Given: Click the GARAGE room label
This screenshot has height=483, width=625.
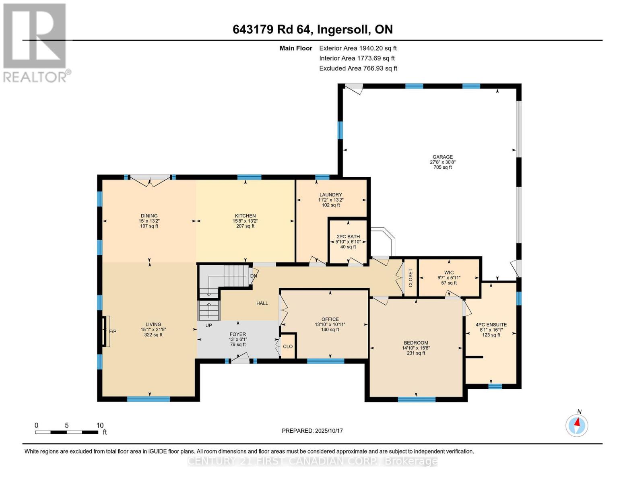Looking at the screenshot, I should pyautogui.click(x=442, y=157).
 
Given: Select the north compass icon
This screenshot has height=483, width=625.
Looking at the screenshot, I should pyautogui.click(x=577, y=425).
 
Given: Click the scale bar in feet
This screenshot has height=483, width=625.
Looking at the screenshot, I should pyautogui.click(x=67, y=432).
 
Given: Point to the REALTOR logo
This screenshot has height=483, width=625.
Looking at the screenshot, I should pyautogui.click(x=35, y=42).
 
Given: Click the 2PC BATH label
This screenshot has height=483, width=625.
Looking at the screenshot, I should pyautogui.click(x=348, y=237).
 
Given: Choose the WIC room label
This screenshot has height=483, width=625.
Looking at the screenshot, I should pyautogui.click(x=449, y=272).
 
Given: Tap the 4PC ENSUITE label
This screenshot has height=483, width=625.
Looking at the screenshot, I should pyautogui.click(x=491, y=324).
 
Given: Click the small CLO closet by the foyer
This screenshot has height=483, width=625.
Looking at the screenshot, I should pyautogui.click(x=288, y=347).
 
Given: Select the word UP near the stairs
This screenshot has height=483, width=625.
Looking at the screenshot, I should pyautogui.click(x=208, y=325).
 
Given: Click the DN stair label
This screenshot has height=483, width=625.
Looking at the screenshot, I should pyautogui.click(x=254, y=276).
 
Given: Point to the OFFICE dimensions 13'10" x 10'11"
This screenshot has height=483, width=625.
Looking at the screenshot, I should pyautogui.click(x=330, y=324).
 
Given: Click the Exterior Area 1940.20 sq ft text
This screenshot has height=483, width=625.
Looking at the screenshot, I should pyautogui.click(x=358, y=48).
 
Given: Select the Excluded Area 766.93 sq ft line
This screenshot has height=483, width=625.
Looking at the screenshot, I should pyautogui.click(x=358, y=68).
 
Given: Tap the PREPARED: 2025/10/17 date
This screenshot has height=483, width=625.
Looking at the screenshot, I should pyautogui.click(x=312, y=431).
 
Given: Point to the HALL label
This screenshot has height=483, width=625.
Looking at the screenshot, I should pyautogui.click(x=262, y=303).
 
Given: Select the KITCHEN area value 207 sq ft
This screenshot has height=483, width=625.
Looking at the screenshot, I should pyautogui.click(x=245, y=226).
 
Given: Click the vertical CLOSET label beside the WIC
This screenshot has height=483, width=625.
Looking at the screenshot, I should pyautogui.click(x=410, y=278).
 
